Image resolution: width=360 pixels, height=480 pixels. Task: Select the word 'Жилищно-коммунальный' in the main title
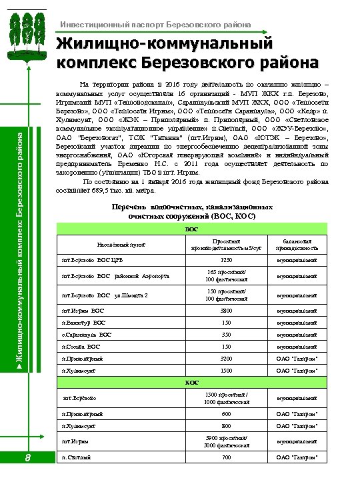pyautogui.click(x=165, y=43)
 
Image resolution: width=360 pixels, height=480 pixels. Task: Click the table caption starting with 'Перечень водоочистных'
pyautogui.click(x=191, y=212)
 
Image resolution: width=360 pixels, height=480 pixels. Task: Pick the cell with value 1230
pyautogui.click(x=227, y=261)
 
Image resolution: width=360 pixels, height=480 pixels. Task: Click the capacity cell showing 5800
pyautogui.click(x=227, y=310)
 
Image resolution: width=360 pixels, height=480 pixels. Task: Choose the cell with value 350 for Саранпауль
pyautogui.click(x=227, y=335)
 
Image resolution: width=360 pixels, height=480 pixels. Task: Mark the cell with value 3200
pyautogui.click(x=227, y=359)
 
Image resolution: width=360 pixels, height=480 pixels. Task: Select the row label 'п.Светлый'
pyautogui.click(x=73, y=458)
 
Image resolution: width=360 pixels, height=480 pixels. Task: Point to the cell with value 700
pyautogui.click(x=227, y=458)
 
